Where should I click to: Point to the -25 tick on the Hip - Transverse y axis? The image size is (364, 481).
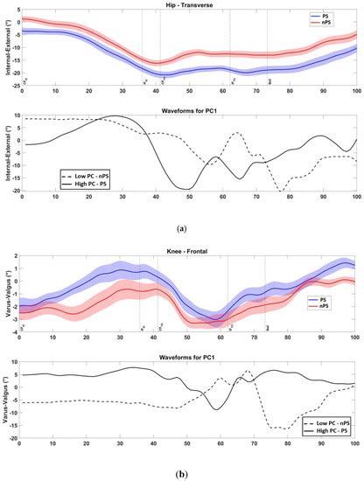[x=14, y=87]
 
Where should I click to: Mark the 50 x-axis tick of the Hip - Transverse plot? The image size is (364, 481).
[x=189, y=92]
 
